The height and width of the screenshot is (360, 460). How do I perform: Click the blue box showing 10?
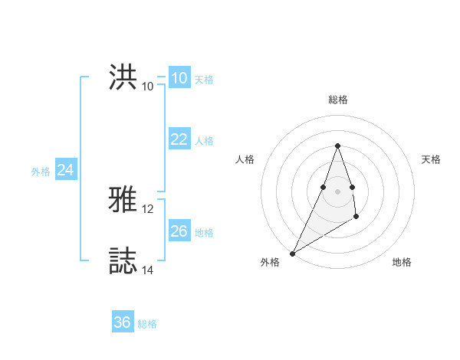tap(179, 78)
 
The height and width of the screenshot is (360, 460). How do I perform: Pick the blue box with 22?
tap(179, 139)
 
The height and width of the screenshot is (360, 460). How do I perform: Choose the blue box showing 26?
tap(179, 231)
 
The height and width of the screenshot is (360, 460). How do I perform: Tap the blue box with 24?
tap(66, 170)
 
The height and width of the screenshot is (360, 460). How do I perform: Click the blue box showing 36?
tap(123, 322)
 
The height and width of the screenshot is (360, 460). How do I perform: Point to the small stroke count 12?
tap(148, 209)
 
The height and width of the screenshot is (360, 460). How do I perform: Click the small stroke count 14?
tap(148, 270)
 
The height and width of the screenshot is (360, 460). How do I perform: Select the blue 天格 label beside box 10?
tap(204, 80)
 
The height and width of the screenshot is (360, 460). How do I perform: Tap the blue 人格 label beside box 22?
tap(204, 141)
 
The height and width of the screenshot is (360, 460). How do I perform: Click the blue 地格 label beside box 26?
tap(204, 232)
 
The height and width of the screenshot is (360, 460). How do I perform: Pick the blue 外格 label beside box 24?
tap(41, 172)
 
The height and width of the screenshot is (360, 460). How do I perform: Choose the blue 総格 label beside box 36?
tap(147, 324)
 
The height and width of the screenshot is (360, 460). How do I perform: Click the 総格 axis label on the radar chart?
tap(338, 100)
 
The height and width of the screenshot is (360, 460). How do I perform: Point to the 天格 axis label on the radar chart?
tap(432, 159)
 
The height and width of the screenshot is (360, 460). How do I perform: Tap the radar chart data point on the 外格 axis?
tap(292, 253)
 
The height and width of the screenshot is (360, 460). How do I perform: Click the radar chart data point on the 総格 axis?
tap(338, 146)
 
